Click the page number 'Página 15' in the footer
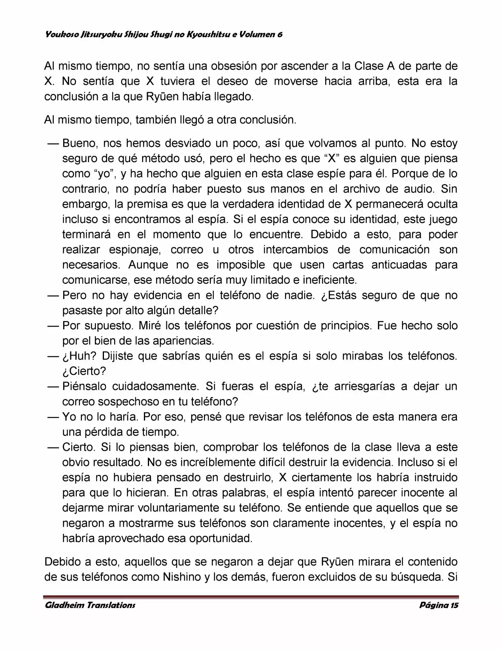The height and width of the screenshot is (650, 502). point(438,605)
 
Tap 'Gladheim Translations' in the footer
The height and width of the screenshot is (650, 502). point(90,605)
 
